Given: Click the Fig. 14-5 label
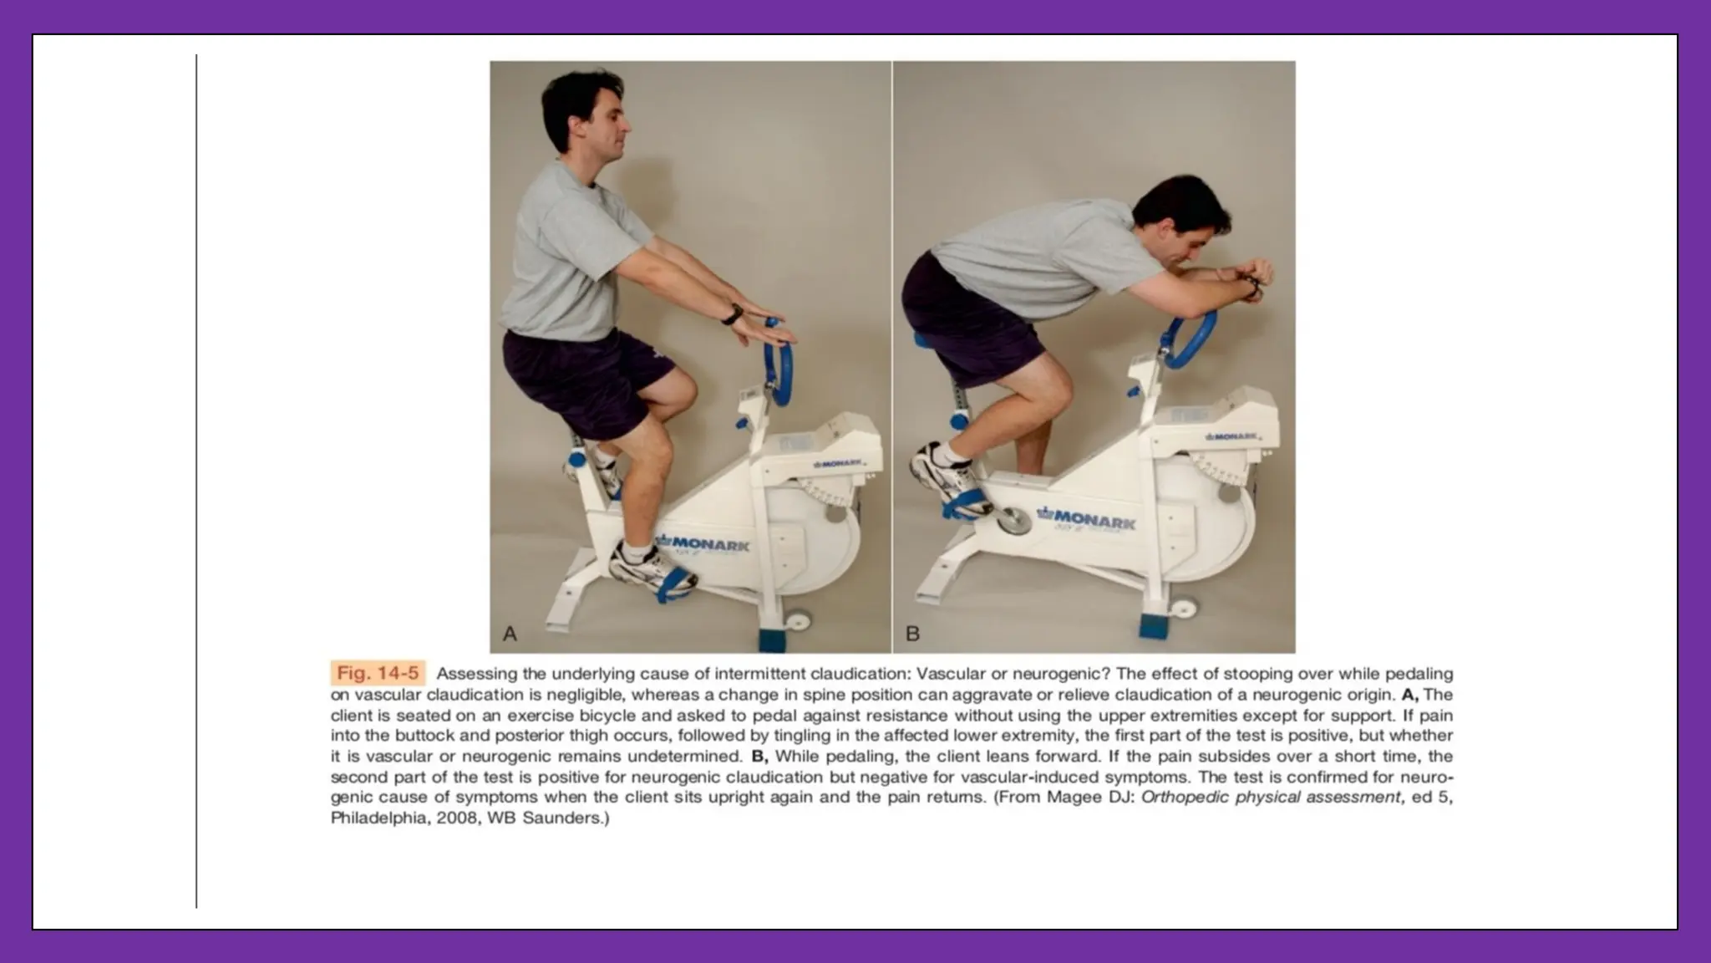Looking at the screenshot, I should click(378, 673).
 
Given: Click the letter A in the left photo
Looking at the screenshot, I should click(510, 634).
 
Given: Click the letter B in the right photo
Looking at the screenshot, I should click(912, 634).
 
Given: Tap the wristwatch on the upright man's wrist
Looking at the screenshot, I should click(733, 314).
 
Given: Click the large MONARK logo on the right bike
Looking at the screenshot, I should click(1086, 520).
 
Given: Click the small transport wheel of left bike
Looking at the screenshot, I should click(797, 621).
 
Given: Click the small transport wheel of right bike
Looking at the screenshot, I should click(1181, 608).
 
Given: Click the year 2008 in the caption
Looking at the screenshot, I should click(456, 818).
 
